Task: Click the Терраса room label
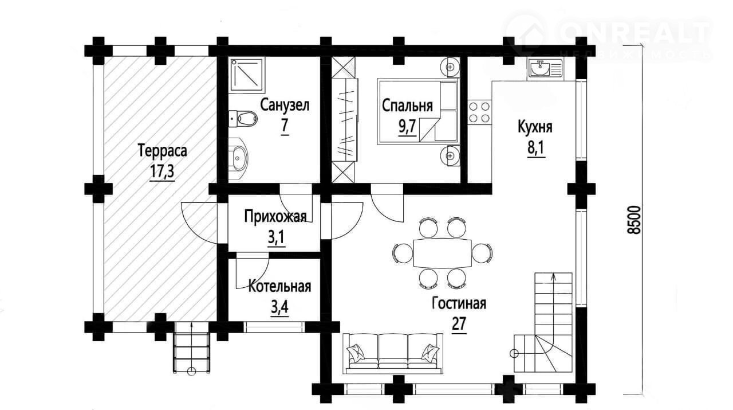click(x=163, y=151)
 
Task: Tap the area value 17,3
click(x=162, y=171)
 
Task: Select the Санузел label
click(x=285, y=105)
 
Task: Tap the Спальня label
click(x=407, y=106)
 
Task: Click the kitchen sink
click(x=545, y=68)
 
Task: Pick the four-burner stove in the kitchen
click(x=479, y=112)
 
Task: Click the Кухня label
click(x=535, y=127)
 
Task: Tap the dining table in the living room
click(x=443, y=253)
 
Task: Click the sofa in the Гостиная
click(x=393, y=354)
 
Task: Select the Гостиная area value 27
click(x=459, y=324)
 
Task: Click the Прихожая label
click(x=275, y=217)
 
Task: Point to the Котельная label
click(x=279, y=287)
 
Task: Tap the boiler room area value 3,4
click(x=279, y=308)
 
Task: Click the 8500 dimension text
click(x=634, y=220)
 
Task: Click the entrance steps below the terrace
click(x=191, y=352)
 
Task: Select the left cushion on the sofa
click(x=357, y=353)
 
